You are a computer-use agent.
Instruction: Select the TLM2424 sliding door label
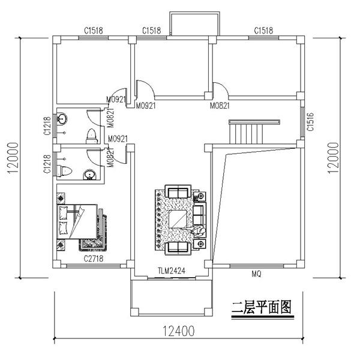pos(171,271)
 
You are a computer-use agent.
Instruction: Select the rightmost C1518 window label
pos(265,30)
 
